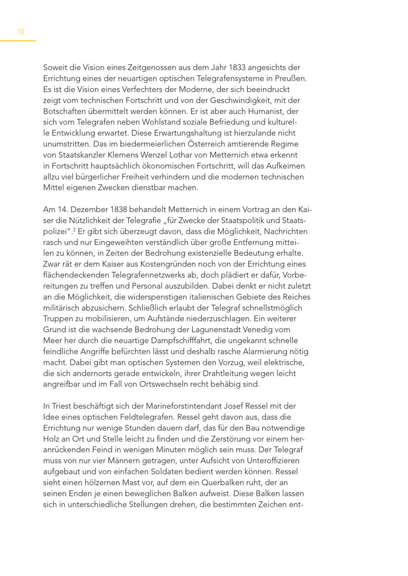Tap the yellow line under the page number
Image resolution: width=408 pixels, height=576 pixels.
pos(18,41)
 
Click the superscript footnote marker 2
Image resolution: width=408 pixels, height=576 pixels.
pos(74,229)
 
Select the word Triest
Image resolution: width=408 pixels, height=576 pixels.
pos(62,406)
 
